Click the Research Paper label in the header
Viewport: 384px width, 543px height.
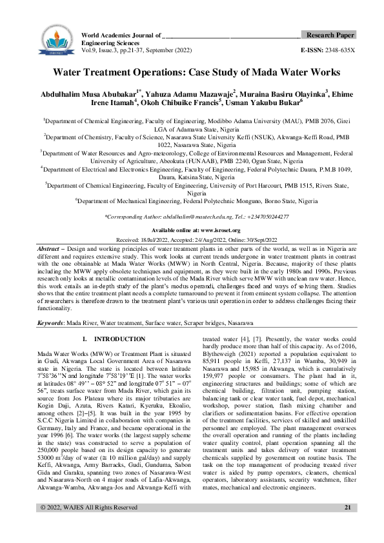(x=329, y=34)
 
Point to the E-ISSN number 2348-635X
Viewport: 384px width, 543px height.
(x=338, y=49)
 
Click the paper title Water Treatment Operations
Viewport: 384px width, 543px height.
(x=192, y=74)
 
